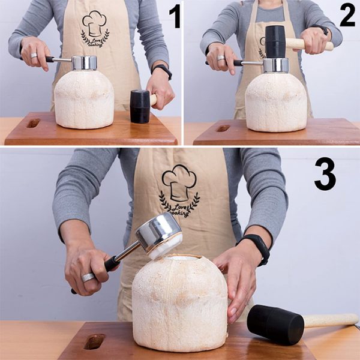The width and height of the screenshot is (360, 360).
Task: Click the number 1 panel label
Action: [174, 17]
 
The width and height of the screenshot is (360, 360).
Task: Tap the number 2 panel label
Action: [347, 16]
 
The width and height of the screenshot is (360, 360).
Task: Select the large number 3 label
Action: [325, 174]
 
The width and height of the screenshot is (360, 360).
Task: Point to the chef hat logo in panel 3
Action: [179, 183]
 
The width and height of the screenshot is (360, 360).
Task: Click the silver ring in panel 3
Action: [88, 277]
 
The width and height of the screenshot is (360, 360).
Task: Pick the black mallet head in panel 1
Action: [140, 107]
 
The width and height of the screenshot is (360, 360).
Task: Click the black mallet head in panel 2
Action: [275, 41]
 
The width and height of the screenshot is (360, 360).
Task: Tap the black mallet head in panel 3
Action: [275, 324]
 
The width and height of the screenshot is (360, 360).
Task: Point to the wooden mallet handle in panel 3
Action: [331, 320]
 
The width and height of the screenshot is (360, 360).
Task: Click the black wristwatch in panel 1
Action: [162, 71]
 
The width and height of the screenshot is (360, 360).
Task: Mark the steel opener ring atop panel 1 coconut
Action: [84, 62]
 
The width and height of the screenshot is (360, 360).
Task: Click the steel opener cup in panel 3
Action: [158, 231]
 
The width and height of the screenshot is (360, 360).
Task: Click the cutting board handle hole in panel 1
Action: [33, 123]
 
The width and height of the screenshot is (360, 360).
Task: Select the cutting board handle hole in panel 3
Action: [95, 342]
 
